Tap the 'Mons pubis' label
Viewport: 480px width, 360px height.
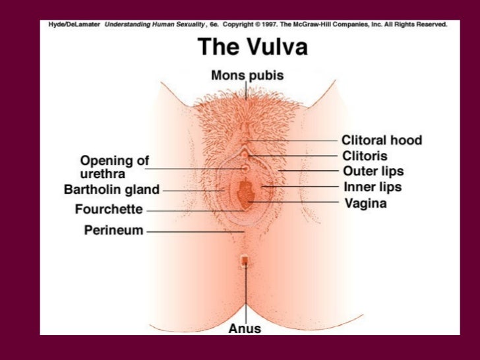pyautogui.click(x=247, y=76)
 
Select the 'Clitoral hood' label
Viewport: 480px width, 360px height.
pyautogui.click(x=381, y=140)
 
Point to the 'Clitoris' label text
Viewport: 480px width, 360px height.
pyautogui.click(x=364, y=156)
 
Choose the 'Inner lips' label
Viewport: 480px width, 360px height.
pyautogui.click(x=373, y=187)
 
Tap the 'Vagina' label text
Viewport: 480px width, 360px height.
pyautogui.click(x=365, y=204)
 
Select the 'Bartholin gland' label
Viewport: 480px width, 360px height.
pyautogui.click(x=111, y=190)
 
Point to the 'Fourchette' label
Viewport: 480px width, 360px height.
pyautogui.click(x=108, y=210)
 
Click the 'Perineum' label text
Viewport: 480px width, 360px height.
pyautogui.click(x=113, y=231)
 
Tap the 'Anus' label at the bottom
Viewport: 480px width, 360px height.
pyautogui.click(x=245, y=328)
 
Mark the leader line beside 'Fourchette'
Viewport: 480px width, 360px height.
pyautogui.click(x=191, y=211)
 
